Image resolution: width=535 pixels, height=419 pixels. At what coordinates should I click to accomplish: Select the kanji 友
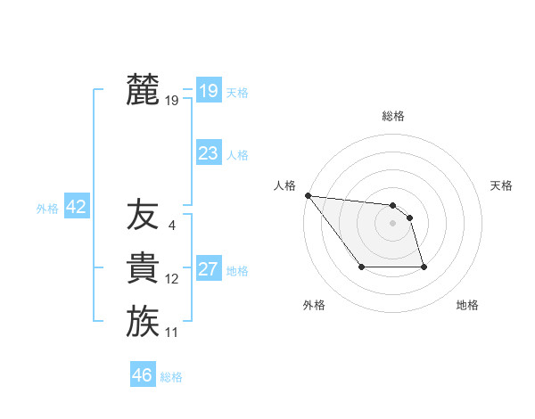[143, 215]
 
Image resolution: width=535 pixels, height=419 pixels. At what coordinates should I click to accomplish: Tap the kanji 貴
[143, 268]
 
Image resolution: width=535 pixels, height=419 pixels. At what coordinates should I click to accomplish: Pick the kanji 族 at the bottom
[143, 322]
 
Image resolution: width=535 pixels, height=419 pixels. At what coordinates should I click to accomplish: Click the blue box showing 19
[208, 90]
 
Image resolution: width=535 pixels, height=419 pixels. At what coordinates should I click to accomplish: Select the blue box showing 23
[208, 153]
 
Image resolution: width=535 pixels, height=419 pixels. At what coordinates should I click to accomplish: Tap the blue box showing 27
[208, 269]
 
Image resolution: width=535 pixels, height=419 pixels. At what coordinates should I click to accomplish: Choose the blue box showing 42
[76, 208]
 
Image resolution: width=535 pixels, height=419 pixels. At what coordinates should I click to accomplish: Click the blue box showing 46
[142, 375]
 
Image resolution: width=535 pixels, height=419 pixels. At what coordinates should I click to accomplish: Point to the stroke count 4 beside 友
[171, 225]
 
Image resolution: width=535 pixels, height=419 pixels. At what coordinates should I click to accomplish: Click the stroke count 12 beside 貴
[171, 279]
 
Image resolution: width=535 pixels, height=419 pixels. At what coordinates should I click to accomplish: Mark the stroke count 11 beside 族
[171, 333]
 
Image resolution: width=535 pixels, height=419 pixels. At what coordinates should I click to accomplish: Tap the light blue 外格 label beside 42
[47, 209]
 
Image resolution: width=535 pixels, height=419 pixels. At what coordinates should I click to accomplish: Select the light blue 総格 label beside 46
[171, 377]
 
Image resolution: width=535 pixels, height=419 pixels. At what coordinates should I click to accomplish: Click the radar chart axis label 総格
[392, 116]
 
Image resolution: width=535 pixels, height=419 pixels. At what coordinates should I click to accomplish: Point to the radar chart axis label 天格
[502, 185]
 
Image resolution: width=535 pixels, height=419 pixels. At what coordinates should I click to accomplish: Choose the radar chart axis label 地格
[467, 305]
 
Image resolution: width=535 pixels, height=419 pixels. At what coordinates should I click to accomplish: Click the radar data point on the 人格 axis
[308, 195]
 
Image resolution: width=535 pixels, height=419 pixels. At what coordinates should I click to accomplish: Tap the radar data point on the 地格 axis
[424, 267]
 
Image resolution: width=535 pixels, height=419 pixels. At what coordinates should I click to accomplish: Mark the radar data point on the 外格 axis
[361, 267]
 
